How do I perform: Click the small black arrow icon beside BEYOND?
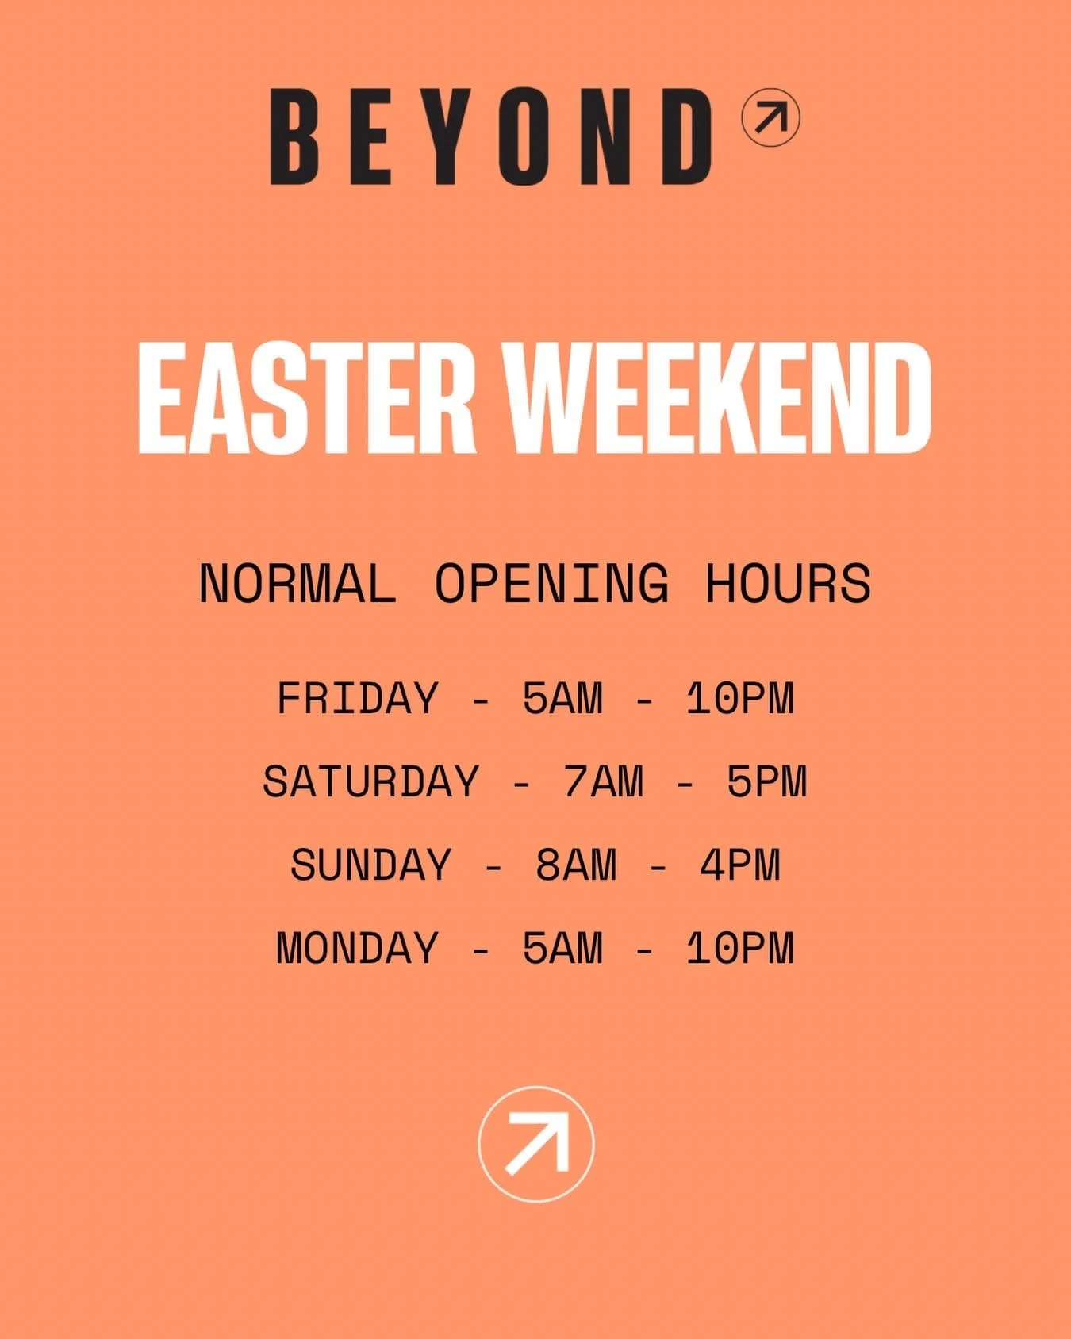(x=770, y=118)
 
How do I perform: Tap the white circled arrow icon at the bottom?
(x=536, y=1144)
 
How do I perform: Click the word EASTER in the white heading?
(x=306, y=399)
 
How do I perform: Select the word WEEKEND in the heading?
(x=727, y=399)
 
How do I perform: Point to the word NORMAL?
(x=297, y=585)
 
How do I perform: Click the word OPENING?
(x=551, y=585)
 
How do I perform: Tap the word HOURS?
(x=788, y=585)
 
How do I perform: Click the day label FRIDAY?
(x=358, y=699)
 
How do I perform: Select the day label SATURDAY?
(x=371, y=782)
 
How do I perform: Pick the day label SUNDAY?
(x=371, y=865)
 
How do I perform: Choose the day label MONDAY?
(x=358, y=949)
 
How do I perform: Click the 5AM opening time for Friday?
(x=562, y=699)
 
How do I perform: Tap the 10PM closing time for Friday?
(x=740, y=699)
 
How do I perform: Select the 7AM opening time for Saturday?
(x=604, y=782)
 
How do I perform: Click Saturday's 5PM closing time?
(x=767, y=782)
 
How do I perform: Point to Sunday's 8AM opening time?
(x=576, y=865)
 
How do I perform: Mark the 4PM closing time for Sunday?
(x=740, y=865)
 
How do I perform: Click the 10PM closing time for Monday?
(x=740, y=949)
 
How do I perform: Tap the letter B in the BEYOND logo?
(x=294, y=137)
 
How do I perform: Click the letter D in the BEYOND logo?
(x=687, y=137)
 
